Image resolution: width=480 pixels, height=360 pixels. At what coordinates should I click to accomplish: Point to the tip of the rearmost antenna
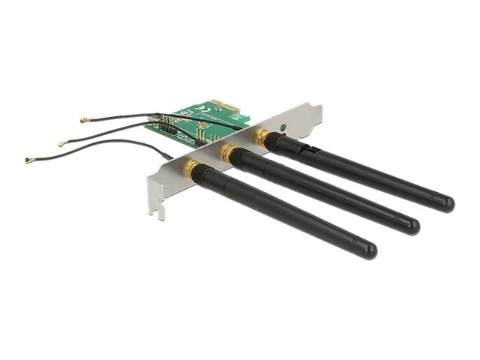445,202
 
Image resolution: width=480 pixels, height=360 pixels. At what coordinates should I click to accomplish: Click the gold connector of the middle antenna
226,153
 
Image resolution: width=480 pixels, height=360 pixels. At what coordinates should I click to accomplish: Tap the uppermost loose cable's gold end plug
84,120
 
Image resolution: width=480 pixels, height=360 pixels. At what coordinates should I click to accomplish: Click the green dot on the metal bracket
282,128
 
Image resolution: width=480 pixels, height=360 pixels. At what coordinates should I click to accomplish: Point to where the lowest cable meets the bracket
170,157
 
